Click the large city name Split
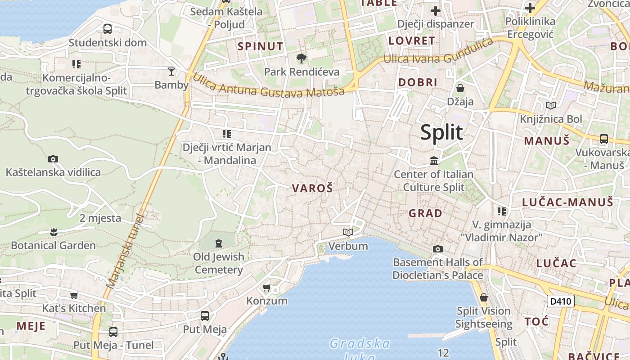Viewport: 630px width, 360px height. click(441, 132)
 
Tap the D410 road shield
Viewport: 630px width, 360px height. click(560, 301)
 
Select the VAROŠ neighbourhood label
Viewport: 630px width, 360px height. click(313, 188)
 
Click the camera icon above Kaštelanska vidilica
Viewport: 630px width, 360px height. click(53, 159)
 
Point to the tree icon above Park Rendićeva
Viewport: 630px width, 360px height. click(301, 58)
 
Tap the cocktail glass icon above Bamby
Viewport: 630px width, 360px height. click(171, 71)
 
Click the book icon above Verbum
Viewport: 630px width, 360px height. click(348, 232)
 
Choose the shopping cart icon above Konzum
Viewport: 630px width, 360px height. click(266, 288)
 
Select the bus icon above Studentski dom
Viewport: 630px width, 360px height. click(108, 29)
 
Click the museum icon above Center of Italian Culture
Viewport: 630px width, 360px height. click(434, 161)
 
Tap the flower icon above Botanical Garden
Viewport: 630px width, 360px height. click(54, 232)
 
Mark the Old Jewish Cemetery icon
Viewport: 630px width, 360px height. click(219, 243)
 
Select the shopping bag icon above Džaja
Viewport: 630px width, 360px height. click(460, 88)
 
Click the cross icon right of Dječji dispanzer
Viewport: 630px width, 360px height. click(436, 10)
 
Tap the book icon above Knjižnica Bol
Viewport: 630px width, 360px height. click(550, 105)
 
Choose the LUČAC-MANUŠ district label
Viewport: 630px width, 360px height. click(567, 202)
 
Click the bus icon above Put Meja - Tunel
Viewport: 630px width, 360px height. click(113, 332)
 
